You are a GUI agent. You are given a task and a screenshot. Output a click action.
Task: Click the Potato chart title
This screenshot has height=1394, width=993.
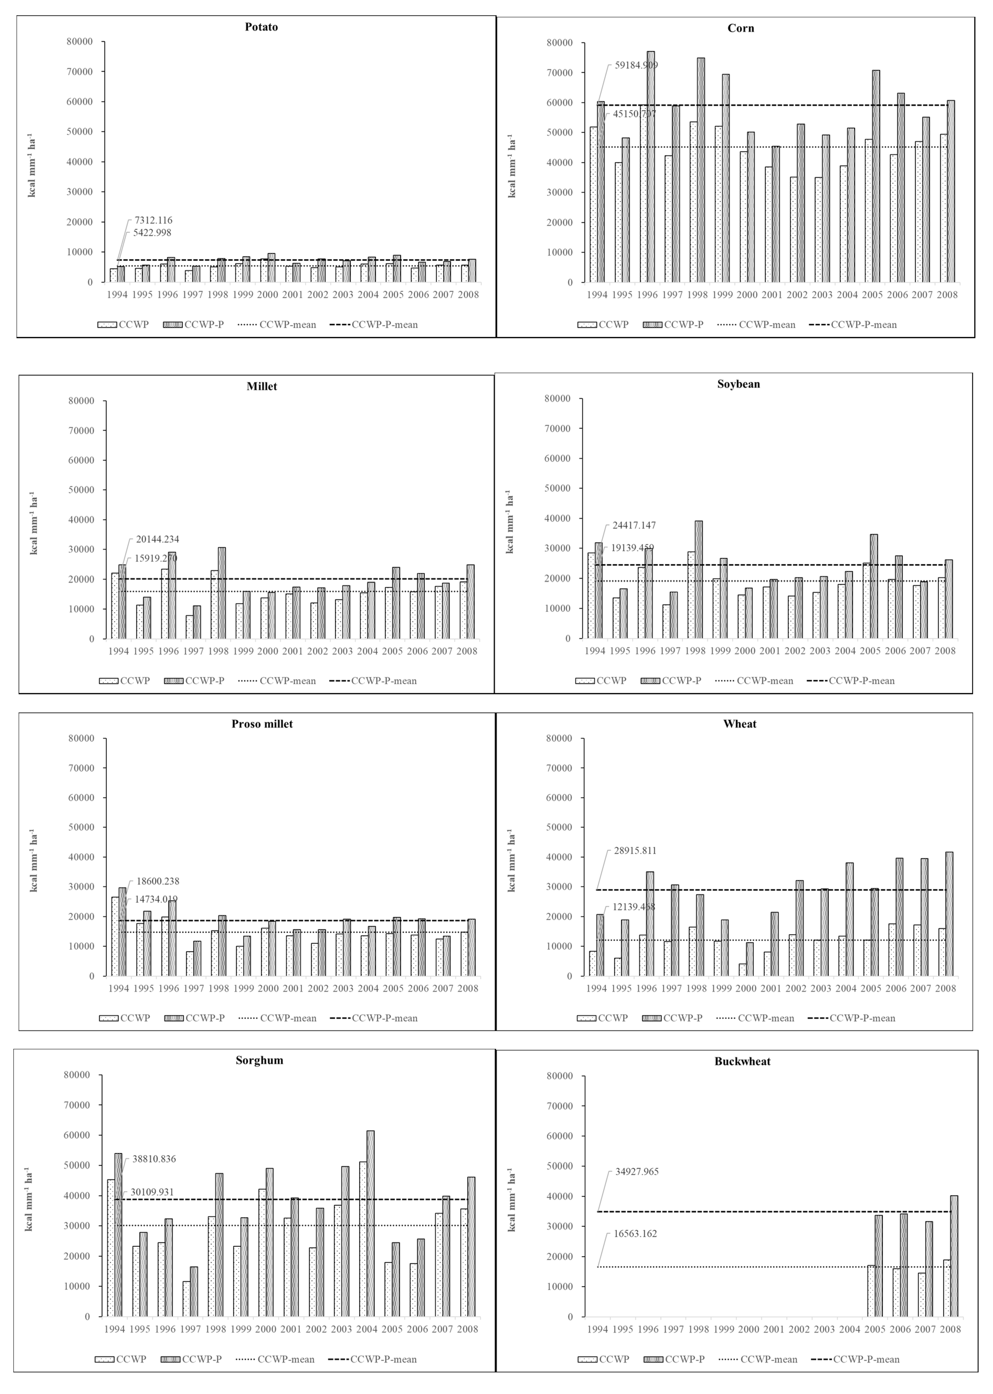tap(261, 27)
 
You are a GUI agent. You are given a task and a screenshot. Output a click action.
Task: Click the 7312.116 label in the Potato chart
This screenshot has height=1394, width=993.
tap(153, 220)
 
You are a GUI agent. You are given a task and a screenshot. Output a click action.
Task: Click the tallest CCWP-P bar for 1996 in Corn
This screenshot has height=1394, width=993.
tap(651, 165)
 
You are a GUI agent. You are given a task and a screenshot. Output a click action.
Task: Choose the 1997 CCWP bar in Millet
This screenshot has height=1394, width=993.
tap(190, 627)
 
